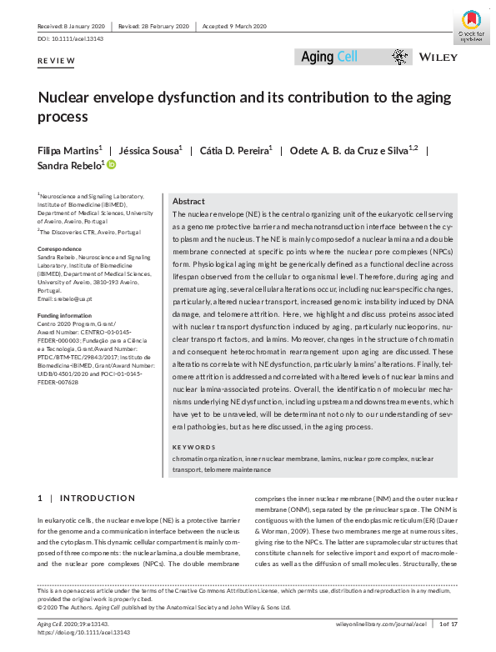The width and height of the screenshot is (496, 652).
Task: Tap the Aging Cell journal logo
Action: coord(328,57)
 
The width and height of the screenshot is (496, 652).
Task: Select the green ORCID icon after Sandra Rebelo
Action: coord(112,167)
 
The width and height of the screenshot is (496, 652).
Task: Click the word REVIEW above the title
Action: coord(56,62)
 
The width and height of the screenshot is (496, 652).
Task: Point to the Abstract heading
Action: coord(188,202)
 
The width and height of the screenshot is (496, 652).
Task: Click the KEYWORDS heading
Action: coord(193,446)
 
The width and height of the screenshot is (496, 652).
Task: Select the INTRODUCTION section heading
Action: coord(93,498)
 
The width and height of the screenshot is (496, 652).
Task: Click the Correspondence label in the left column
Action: coord(59,248)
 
